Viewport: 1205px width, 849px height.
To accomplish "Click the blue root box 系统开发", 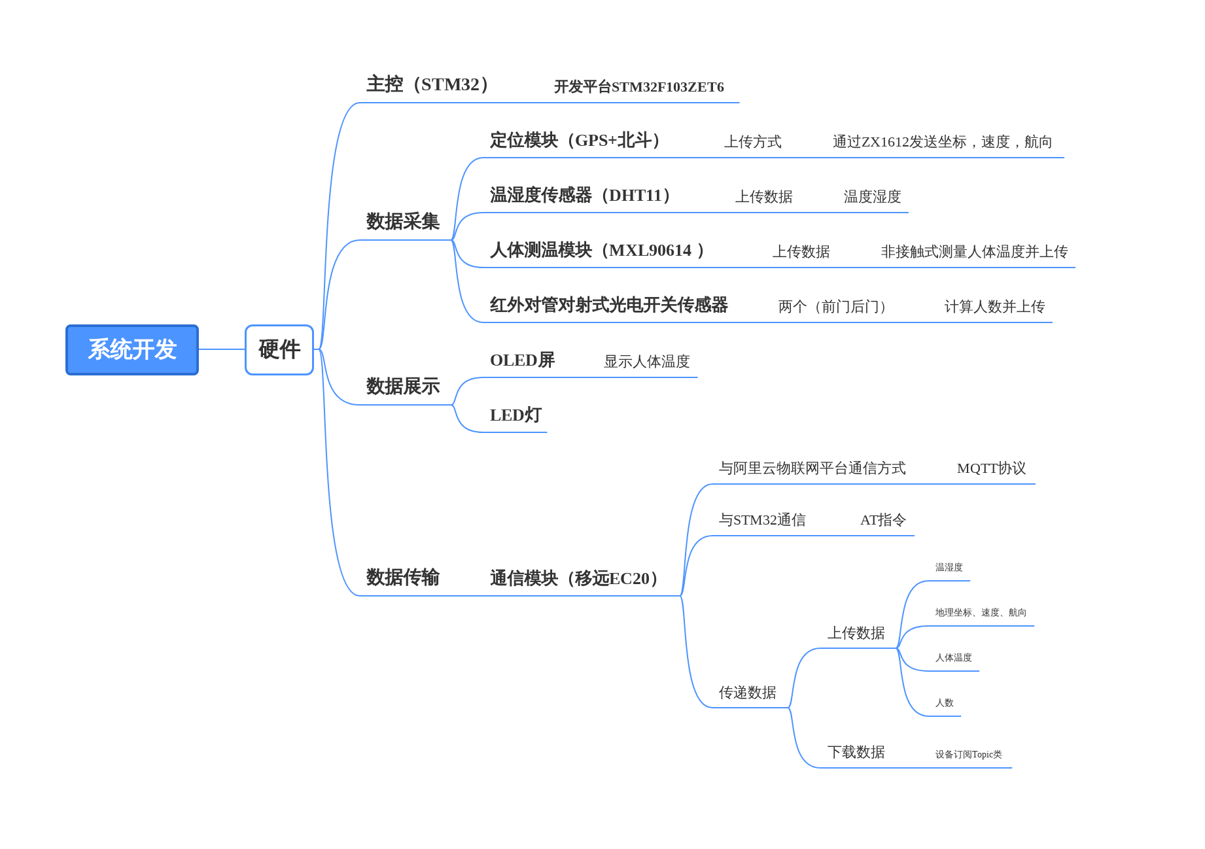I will [x=132, y=350].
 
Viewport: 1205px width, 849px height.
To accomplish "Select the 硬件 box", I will [x=279, y=350].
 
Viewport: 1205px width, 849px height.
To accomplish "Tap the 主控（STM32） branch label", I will [x=428, y=84].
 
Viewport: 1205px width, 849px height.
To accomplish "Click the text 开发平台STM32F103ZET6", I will [x=638, y=87].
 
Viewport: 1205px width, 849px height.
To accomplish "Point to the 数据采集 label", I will [x=402, y=222].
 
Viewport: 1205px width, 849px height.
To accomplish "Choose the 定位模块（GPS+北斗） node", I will [x=576, y=141].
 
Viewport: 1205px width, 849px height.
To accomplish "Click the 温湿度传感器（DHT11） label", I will [x=581, y=196].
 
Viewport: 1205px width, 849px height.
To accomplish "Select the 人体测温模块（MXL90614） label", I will [x=597, y=251].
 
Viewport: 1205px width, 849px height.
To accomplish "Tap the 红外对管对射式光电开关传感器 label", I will [x=608, y=305].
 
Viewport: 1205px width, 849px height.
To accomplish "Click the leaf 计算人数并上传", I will [x=994, y=307].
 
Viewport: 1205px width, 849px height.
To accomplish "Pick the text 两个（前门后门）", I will [x=833, y=307].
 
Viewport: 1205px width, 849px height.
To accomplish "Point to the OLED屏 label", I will [x=522, y=360].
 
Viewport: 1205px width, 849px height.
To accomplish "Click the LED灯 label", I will [x=515, y=415].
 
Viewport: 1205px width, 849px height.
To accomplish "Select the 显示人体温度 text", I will [x=646, y=362].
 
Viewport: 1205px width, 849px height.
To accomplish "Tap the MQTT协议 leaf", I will [x=991, y=468].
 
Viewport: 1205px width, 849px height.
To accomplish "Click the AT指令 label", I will [x=882, y=520].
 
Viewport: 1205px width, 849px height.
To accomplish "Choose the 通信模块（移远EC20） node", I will [x=574, y=579].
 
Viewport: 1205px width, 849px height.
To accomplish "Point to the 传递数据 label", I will [x=747, y=693].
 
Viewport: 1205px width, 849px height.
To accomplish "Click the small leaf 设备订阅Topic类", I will [x=968, y=755].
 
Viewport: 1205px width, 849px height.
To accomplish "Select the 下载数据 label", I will [x=856, y=752].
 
